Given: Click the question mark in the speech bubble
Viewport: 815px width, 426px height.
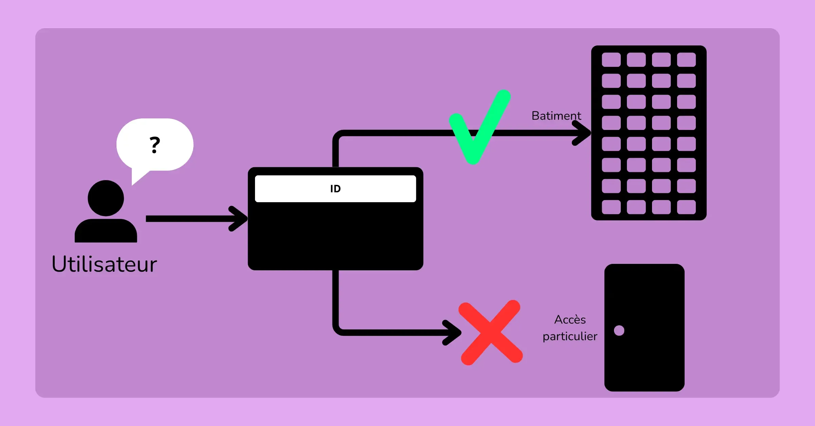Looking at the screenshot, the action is coord(155,145).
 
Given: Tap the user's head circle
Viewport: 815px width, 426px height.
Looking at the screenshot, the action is coord(106,198).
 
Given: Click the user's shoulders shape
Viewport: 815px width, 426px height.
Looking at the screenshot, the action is coord(106,231).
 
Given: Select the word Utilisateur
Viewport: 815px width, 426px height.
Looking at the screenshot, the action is coord(104,264).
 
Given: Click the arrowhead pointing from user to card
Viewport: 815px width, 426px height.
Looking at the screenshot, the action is coord(238,219).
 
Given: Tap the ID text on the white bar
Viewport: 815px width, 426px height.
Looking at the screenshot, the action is coord(336,189).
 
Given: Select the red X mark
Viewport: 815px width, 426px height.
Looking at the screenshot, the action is coord(491,332).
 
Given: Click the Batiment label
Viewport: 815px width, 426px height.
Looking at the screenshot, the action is coord(556,116).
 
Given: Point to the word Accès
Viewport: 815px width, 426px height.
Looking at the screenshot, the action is coord(570,319).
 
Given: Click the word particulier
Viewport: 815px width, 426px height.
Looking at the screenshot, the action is coord(570,336).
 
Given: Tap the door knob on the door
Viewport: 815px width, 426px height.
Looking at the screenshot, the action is coord(619,330).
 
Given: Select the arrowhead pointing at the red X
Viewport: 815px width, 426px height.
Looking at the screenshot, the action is coord(452,333).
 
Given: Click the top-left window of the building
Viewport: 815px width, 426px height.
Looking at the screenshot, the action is coord(611,60).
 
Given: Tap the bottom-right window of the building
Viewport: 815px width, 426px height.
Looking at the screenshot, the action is coord(686,207).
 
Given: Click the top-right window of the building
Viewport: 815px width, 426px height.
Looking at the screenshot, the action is coord(686,60).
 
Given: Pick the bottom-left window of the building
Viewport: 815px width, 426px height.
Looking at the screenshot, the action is coord(611,207).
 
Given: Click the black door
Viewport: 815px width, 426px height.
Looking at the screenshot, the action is coord(645,328).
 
